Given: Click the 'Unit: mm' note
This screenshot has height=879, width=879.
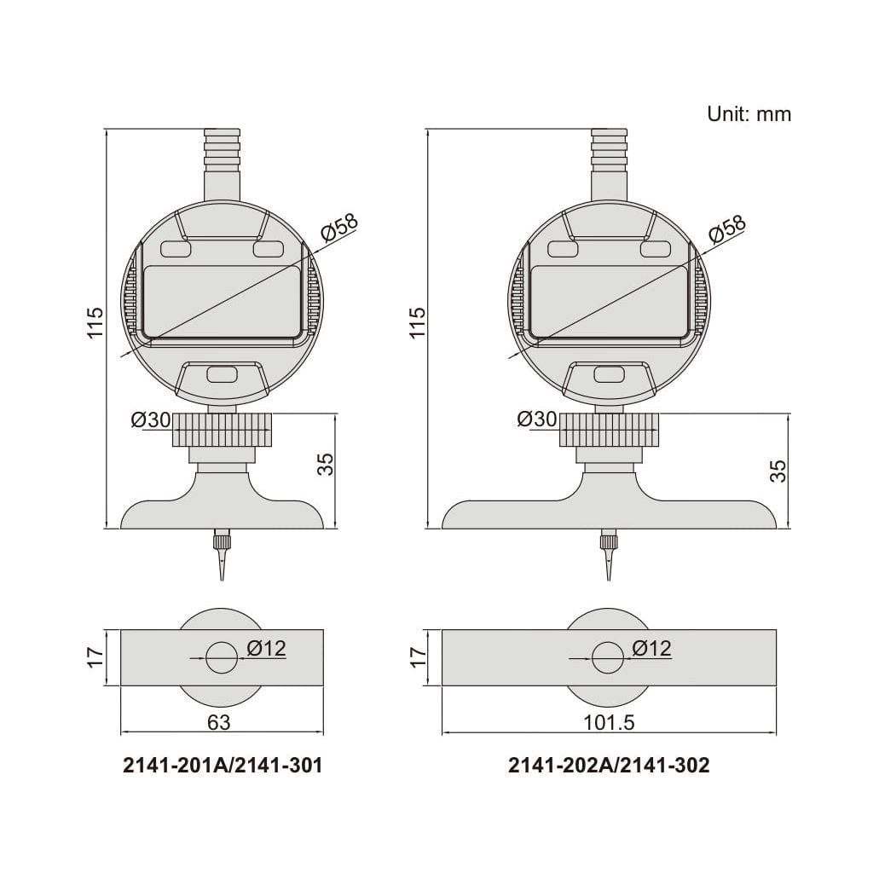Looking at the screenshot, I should click(x=749, y=113).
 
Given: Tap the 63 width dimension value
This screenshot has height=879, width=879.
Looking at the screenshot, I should click(x=219, y=722).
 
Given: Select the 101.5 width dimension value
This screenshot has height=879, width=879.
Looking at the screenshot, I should click(x=610, y=722).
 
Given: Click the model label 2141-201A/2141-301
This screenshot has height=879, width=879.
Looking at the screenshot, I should click(x=223, y=766).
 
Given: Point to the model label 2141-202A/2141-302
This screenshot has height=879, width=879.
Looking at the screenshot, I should click(x=609, y=766).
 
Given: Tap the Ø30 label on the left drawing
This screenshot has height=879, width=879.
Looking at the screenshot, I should click(x=151, y=419).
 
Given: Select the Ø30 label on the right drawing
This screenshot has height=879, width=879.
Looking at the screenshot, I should click(x=537, y=419).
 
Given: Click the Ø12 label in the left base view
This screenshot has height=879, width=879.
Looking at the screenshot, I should click(x=266, y=649).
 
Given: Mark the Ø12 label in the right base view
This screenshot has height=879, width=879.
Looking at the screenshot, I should click(x=652, y=649).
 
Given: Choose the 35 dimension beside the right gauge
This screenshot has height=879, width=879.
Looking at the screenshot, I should click(x=778, y=471).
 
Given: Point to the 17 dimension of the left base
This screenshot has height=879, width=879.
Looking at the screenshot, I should click(x=95, y=656).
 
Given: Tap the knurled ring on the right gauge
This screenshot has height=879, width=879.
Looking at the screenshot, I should click(x=609, y=430).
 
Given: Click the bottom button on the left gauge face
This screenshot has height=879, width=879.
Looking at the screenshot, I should click(x=223, y=374).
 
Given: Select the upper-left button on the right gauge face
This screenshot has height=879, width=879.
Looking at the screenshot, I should click(x=563, y=249).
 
